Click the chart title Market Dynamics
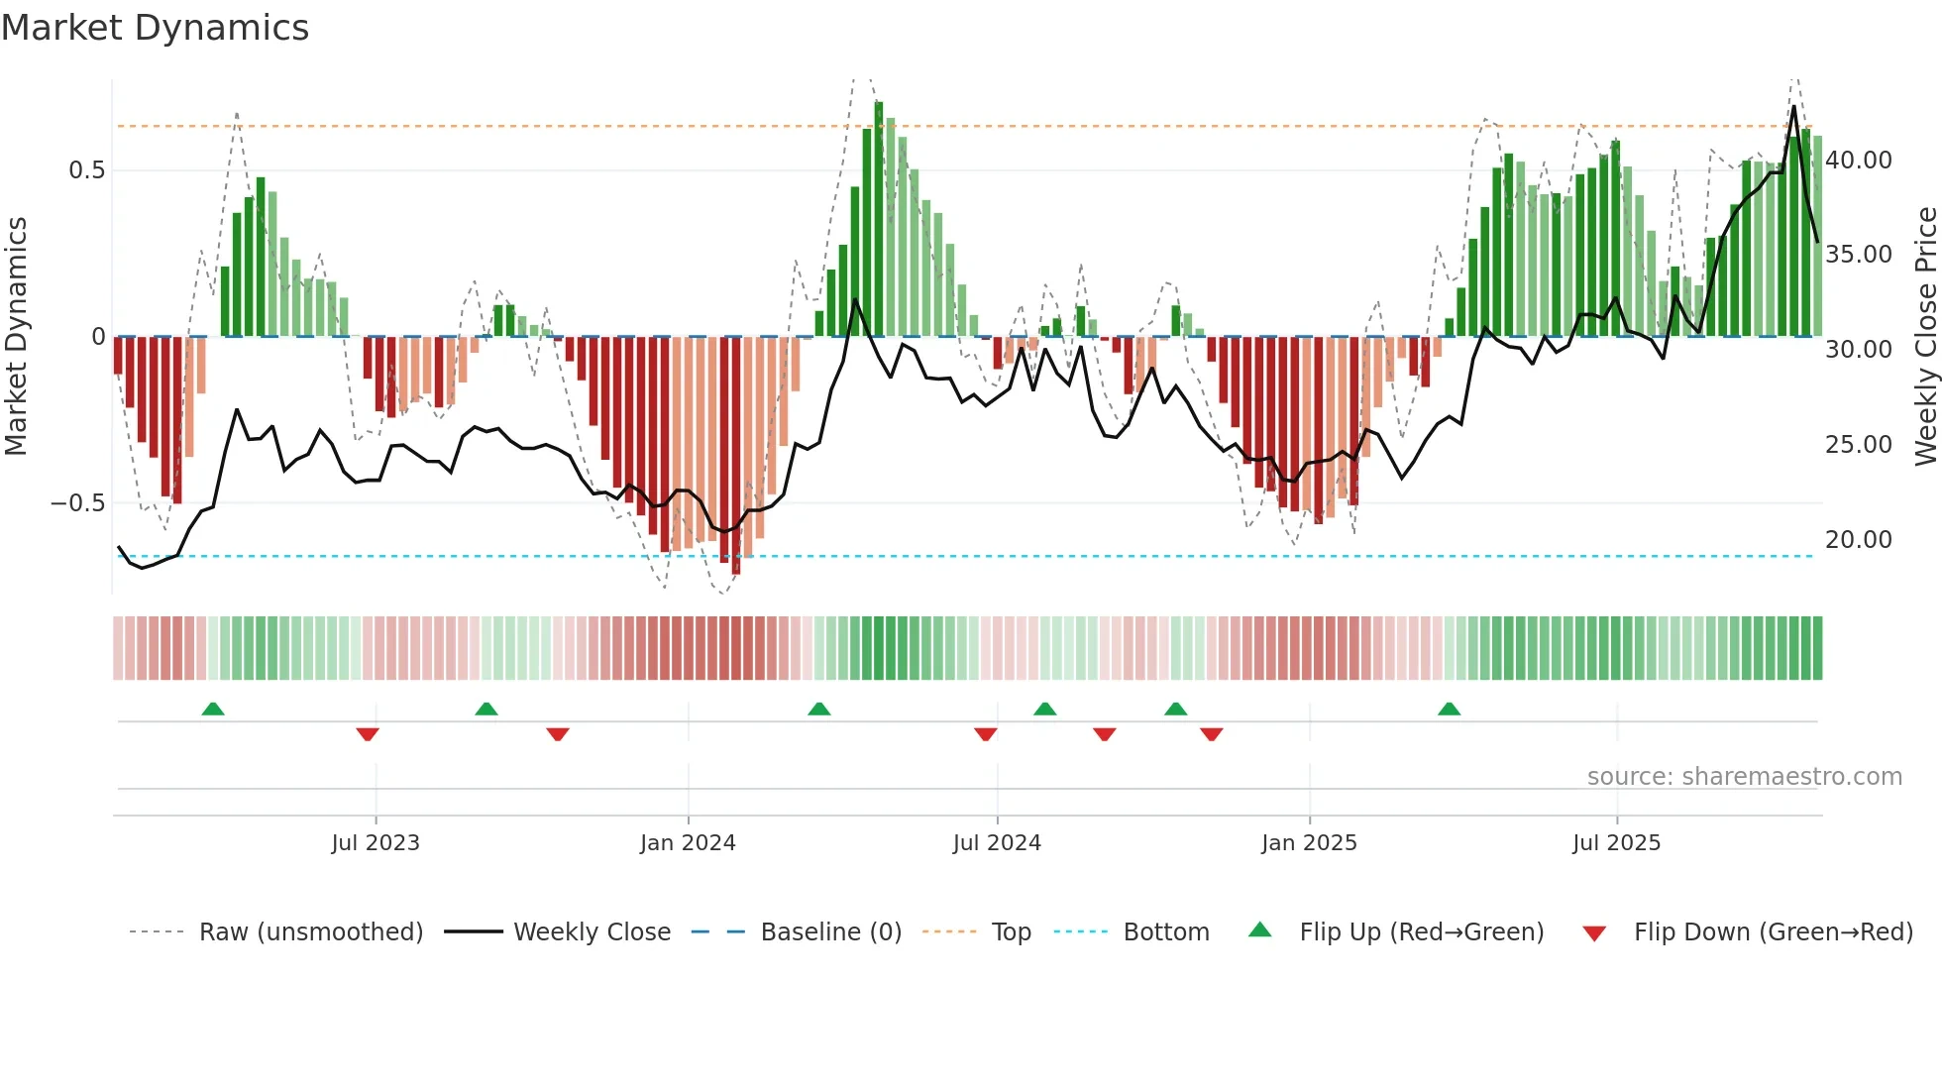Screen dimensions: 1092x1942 coord(155,28)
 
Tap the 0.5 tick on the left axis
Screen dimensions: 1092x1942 coord(86,170)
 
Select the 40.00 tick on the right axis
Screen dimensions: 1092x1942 coord(1858,161)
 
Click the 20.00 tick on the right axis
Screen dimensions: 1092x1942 coord(1858,540)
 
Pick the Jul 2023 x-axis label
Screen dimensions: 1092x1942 coord(376,843)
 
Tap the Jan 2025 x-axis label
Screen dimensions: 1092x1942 coord(1309,843)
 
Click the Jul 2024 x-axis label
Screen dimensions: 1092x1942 coord(997,843)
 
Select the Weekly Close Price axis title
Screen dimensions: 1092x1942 coord(1925,337)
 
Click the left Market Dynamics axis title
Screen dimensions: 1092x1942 coord(16,337)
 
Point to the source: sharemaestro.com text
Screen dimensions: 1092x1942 coord(1744,777)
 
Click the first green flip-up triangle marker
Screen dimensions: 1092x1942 coord(213,709)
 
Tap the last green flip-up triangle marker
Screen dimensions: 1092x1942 coord(1449,709)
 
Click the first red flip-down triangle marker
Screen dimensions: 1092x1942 coord(368,734)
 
